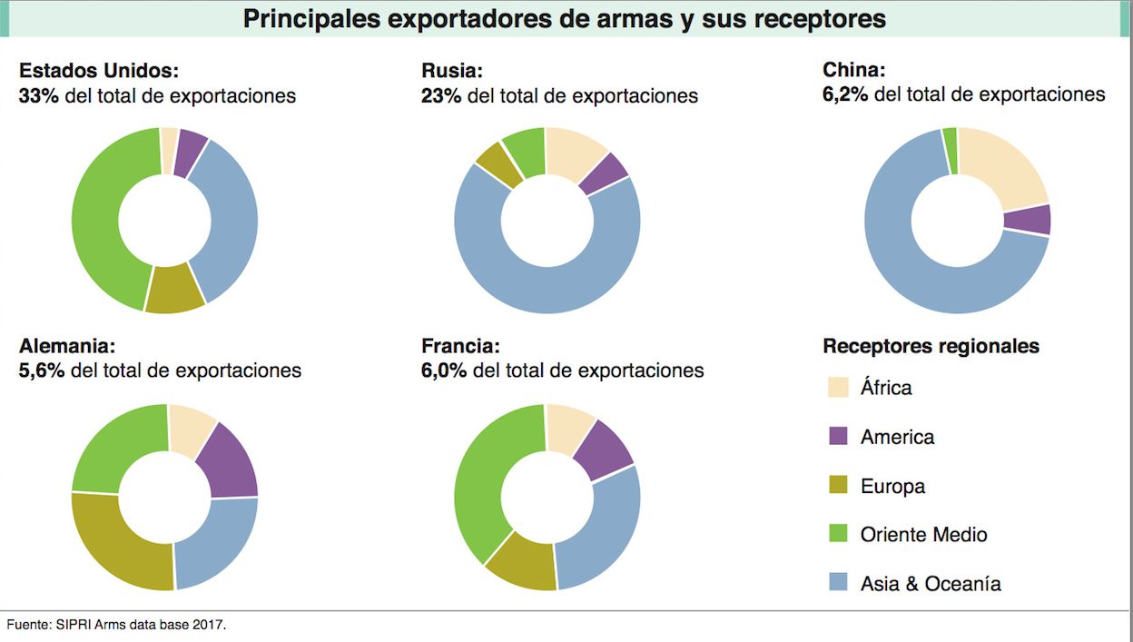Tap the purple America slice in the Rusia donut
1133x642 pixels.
[x=603, y=173]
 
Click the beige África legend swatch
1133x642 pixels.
[x=838, y=388]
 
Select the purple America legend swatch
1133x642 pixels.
[x=838, y=437]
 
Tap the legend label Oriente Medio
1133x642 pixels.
[x=923, y=535]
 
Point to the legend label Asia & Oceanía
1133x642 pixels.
[x=931, y=584]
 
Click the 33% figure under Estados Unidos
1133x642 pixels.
[x=38, y=95]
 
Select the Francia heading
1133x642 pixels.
[x=460, y=346]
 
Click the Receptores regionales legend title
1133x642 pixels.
[x=931, y=346]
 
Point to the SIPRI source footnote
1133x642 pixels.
[x=116, y=625]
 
